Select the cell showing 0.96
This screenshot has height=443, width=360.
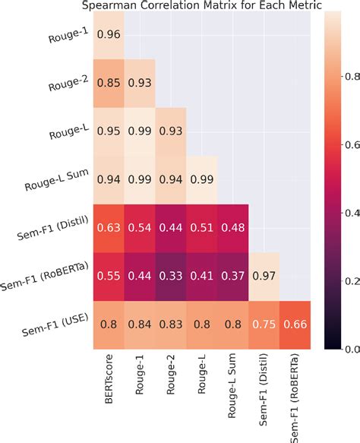pos(109,34)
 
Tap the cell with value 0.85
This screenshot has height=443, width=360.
pos(109,82)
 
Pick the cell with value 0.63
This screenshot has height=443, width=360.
pos(109,226)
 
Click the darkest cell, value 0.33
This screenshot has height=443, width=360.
pos(171,274)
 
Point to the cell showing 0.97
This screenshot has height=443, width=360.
pos(264,274)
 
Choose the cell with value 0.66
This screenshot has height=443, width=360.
pos(295,321)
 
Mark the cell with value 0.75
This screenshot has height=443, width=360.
pos(264,321)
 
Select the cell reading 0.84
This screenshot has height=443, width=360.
pos(140,321)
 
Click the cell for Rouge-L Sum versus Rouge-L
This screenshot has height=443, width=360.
pos(202,178)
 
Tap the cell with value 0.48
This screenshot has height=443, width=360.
pos(232,226)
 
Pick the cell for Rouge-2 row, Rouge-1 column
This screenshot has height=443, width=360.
pos(140,82)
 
